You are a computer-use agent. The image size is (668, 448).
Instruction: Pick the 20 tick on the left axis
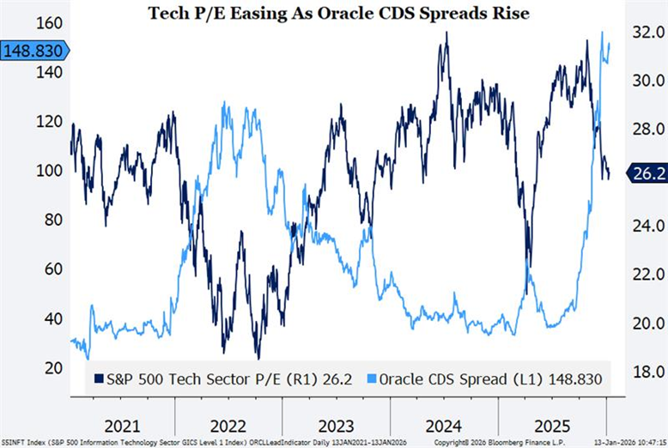pyautogui.click(x=52, y=368)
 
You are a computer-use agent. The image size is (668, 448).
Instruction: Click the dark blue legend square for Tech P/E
pyautogui.click(x=99, y=378)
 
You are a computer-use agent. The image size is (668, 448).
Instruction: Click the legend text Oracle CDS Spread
pyautogui.click(x=428, y=378)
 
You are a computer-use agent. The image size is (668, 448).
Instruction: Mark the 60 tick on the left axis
pyautogui.click(x=52, y=269)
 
